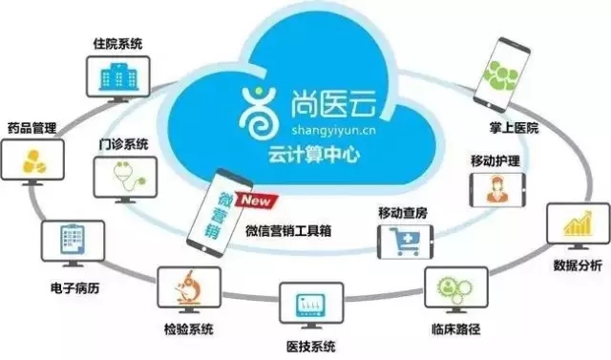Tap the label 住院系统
click(x=117, y=44)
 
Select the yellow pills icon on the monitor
click(x=34, y=161)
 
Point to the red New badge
click(x=257, y=201)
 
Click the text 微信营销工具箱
click(x=288, y=231)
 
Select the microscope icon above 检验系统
click(x=189, y=287)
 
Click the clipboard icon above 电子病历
click(x=73, y=240)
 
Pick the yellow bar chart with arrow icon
click(x=579, y=223)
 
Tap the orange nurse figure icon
click(x=496, y=190)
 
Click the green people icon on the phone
click(x=500, y=75)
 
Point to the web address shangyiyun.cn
click(x=333, y=130)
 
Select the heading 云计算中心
click(x=314, y=155)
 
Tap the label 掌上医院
click(x=515, y=128)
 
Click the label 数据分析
click(x=578, y=265)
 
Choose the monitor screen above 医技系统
click(x=311, y=303)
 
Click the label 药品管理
click(x=32, y=128)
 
